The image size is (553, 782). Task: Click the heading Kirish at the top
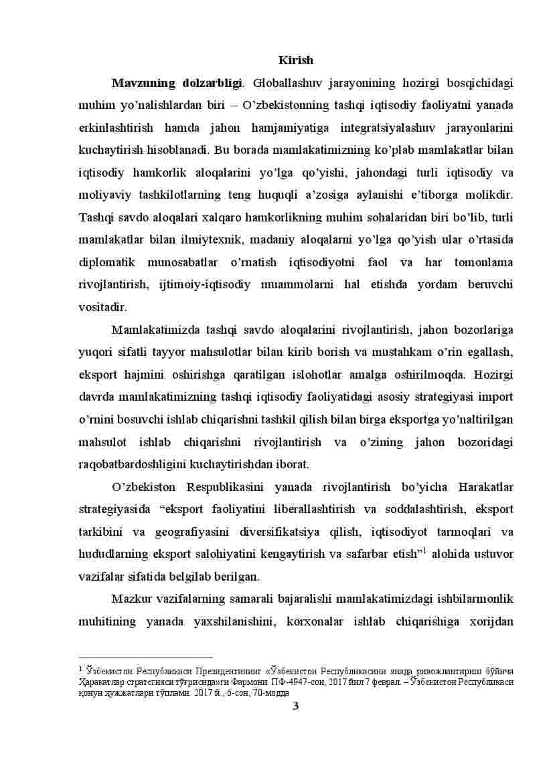pos(295,60)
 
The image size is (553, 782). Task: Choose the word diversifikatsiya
pos(313,532)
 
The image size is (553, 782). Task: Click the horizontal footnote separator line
pos(145,658)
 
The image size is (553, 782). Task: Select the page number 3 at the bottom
pos(295,705)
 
